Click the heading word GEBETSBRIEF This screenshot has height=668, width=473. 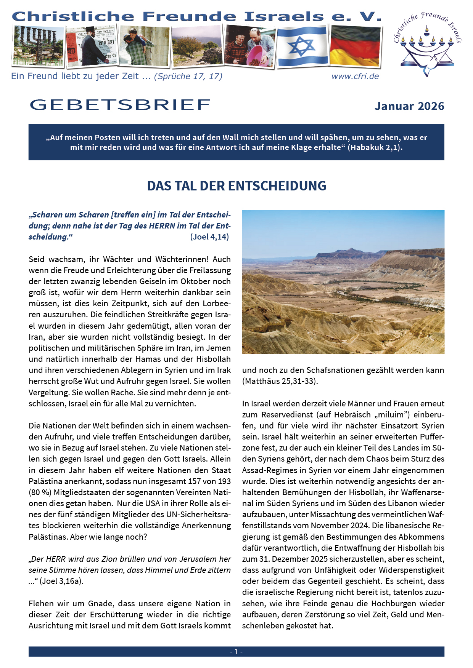[x=120, y=105]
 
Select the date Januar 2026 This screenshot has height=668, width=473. [x=409, y=106]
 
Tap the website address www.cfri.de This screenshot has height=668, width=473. [x=355, y=76]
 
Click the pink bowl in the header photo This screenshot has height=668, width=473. [x=259, y=56]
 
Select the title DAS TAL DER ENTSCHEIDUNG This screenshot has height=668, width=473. [x=236, y=186]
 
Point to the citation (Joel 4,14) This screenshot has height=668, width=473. [x=209, y=237]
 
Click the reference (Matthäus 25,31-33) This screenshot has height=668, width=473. [x=280, y=381]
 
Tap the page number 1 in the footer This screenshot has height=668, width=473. [x=236, y=652]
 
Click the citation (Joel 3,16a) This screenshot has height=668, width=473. [x=61, y=581]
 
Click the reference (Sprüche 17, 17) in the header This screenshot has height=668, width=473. [x=188, y=76]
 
